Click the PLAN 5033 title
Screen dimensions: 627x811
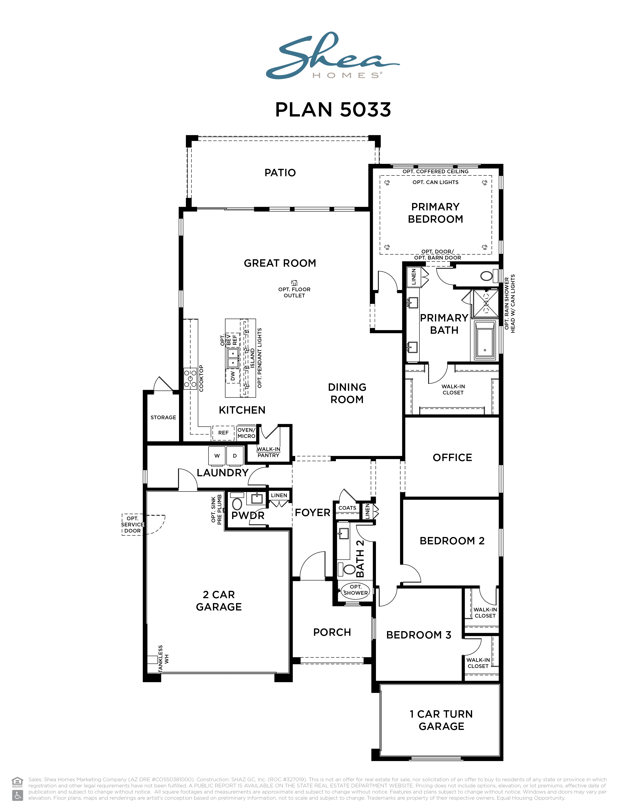[333, 110]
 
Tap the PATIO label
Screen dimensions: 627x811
[280, 173]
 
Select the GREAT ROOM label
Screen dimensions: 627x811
[280, 263]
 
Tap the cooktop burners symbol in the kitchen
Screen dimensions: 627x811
[190, 378]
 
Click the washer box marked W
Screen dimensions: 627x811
[217, 456]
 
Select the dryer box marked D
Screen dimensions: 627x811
[235, 456]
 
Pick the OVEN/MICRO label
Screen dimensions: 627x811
[246, 433]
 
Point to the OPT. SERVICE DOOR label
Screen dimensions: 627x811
[133, 524]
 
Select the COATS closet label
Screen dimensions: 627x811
[347, 508]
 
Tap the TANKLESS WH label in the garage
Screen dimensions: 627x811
[164, 658]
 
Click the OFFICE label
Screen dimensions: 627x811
[452, 458]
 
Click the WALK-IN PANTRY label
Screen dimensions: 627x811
[268, 452]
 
